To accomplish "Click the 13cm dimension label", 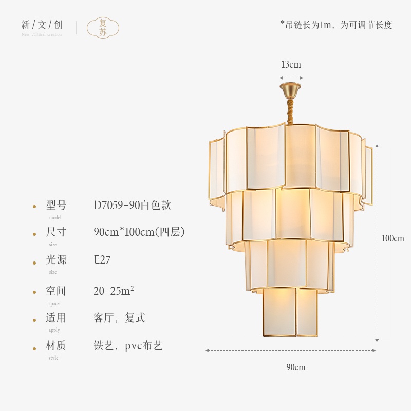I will click(291, 65).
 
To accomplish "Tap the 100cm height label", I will click(393, 238).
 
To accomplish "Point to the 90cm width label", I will click(296, 367).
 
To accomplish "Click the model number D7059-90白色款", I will click(132, 206).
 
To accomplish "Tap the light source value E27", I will click(102, 260).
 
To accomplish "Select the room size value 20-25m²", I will click(114, 291).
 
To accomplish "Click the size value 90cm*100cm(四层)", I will click(139, 232).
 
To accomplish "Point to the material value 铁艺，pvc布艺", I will click(128, 346).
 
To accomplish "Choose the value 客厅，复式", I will click(119, 318).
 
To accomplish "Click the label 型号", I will click(57, 206).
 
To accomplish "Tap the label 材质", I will click(56, 346).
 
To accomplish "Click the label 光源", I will click(57, 260).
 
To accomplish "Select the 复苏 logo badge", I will click(103, 28).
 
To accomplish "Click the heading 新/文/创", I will click(42, 25).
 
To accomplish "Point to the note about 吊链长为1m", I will click(336, 25).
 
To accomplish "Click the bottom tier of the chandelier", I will click(290, 312).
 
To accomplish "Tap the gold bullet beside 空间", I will click(34, 292).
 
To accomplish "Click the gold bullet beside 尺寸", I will click(34, 233).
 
